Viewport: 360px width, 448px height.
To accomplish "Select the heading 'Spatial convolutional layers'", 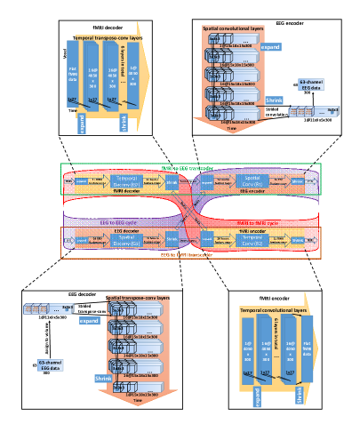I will point(234,28).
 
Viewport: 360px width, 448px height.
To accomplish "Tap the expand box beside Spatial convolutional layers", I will point(270,47).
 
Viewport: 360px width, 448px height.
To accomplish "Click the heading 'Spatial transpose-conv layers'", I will point(138,298).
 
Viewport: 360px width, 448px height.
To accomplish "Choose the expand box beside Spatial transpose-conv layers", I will point(89,321).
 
